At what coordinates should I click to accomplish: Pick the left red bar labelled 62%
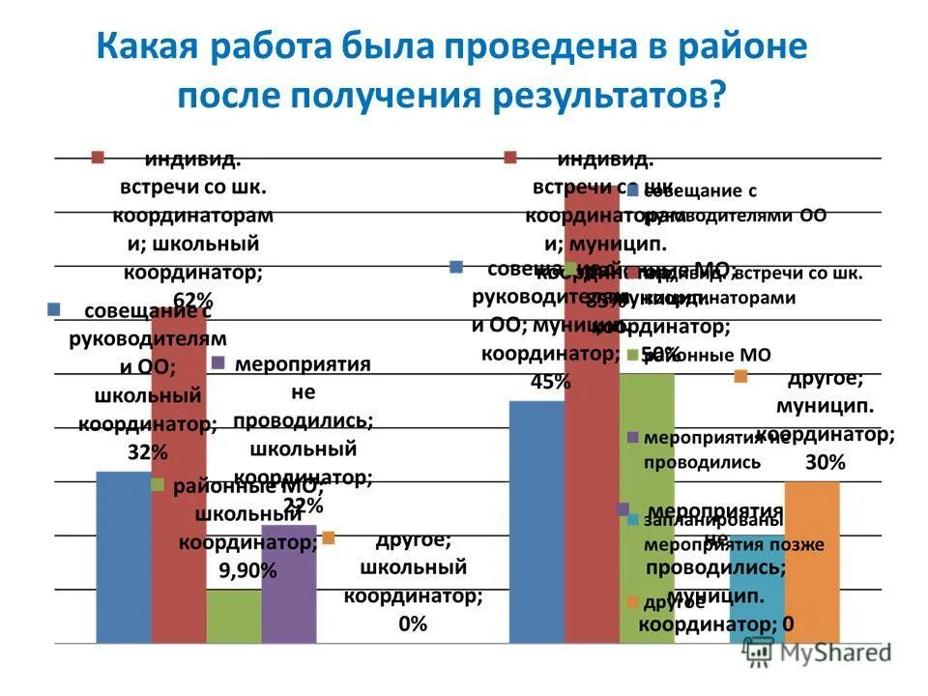tap(179, 483)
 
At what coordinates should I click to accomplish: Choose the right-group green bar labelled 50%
tap(647, 503)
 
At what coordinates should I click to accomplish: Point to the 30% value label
tap(825, 463)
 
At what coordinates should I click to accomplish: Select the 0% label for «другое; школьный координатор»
tap(412, 623)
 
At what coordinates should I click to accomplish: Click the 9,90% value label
tap(247, 570)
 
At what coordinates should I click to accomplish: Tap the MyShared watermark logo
tap(817, 652)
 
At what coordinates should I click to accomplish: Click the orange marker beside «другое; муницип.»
tap(740, 376)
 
